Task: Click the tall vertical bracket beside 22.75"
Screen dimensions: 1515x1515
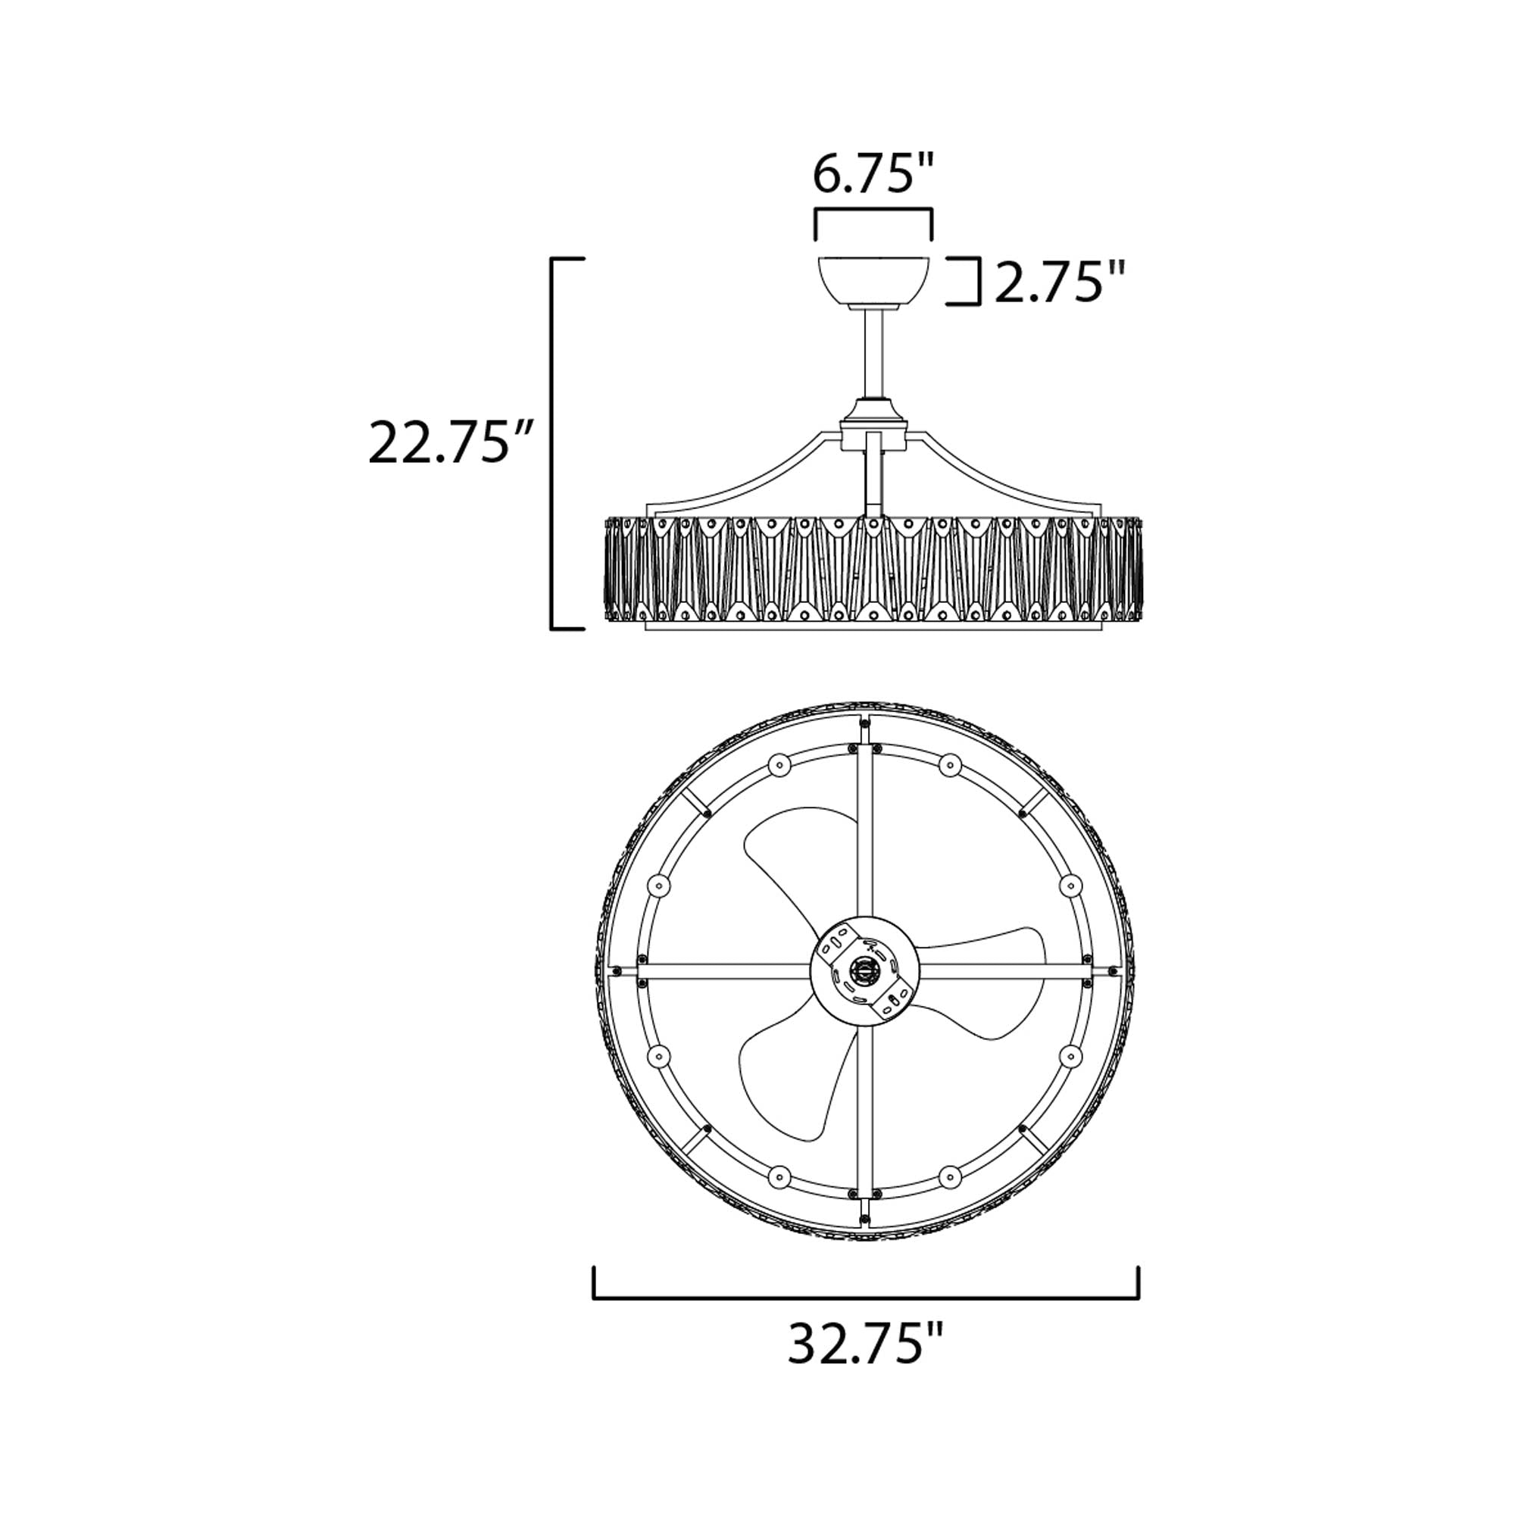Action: point(553,443)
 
